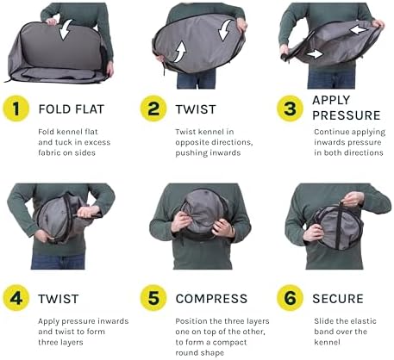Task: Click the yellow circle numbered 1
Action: pos(16,109)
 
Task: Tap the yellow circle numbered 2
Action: pos(153,109)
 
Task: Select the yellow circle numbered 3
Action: pos(290,109)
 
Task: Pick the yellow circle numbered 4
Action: pos(16,298)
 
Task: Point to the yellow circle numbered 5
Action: pos(153,298)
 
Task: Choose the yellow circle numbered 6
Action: pos(290,298)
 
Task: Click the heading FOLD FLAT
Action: pos(72,109)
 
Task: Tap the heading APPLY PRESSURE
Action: pos(347,108)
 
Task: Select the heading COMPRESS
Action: pos(211,299)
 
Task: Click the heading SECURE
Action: pos(338,299)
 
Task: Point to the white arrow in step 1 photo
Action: pos(66,30)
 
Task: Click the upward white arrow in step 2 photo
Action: pos(180,51)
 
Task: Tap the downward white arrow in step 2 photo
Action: pos(225,30)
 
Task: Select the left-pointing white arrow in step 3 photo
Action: pos(359,29)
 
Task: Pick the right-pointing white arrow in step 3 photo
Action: pos(315,53)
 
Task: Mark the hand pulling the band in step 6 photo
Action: pos(352,199)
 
